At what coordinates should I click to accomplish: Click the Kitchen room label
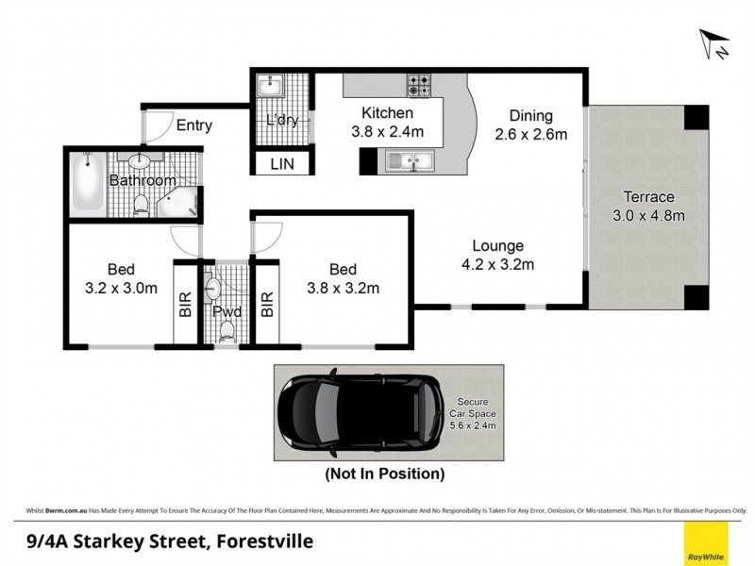387,114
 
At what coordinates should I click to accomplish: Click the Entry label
193,125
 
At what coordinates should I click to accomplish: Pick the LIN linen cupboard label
281,164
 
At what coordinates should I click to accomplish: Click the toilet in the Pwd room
226,330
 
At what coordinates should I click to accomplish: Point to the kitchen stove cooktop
419,86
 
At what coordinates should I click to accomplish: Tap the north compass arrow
713,43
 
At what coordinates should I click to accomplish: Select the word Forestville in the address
263,541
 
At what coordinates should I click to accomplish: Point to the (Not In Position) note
384,474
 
